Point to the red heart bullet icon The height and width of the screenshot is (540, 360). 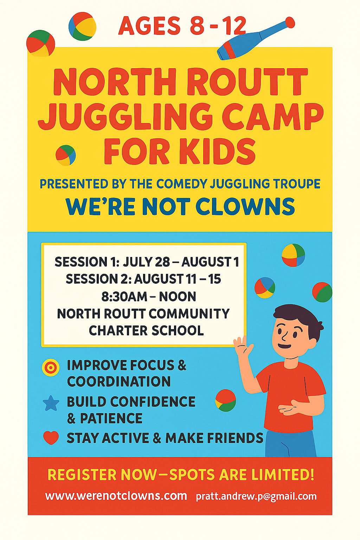(x=51, y=437)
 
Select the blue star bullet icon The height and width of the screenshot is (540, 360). (x=51, y=403)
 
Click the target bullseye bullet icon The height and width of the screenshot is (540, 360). (x=51, y=368)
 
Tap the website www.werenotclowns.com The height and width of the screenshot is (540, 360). (x=116, y=496)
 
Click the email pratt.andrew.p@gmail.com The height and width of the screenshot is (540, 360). (x=256, y=496)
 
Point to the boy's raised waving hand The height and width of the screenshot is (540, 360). (x=242, y=346)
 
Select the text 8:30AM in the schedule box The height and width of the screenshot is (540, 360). (x=124, y=296)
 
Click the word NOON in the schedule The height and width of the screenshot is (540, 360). (x=178, y=296)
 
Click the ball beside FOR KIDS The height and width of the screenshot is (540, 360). (x=66, y=155)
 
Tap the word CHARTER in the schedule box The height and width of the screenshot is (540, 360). (x=116, y=330)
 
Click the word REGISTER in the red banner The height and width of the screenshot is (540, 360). (x=82, y=474)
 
